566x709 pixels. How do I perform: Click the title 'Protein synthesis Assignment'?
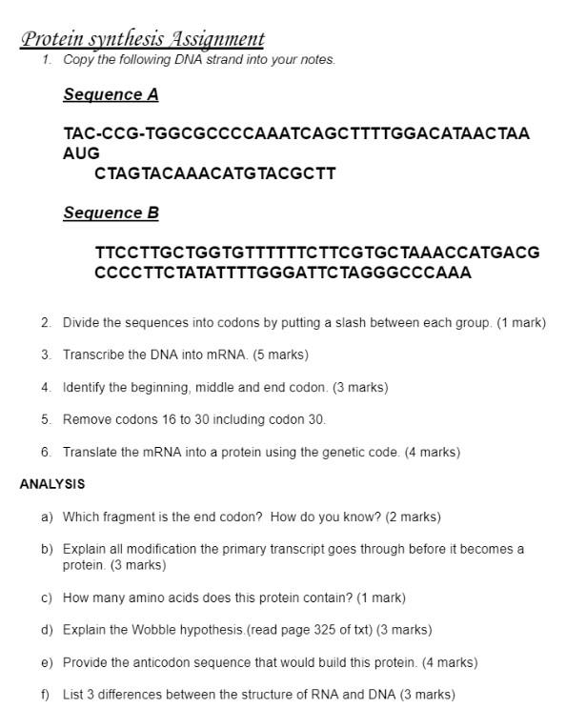142,39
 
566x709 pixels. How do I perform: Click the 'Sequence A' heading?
111,94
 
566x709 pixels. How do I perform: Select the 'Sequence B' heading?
111,213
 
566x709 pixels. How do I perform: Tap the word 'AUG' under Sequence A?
82,153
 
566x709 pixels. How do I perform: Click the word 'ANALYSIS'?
52,484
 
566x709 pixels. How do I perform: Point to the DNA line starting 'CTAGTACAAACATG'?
215,173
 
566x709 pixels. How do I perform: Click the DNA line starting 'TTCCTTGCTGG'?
317,253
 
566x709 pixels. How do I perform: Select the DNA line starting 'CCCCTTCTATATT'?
283,273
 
